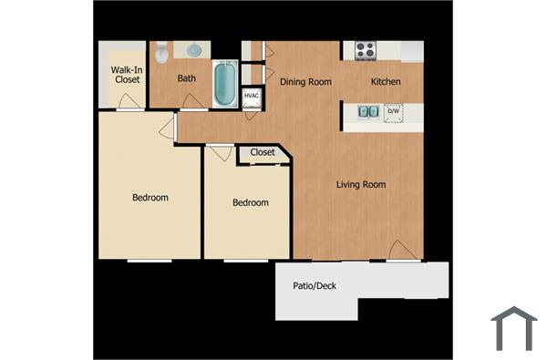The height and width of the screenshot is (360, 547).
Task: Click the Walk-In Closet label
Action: pyautogui.click(x=127, y=74)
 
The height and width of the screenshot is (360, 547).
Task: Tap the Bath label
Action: pyautogui.click(x=186, y=78)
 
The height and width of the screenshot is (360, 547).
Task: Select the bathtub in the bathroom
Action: pyautogui.click(x=225, y=84)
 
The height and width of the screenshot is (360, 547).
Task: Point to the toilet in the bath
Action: pyautogui.click(x=162, y=54)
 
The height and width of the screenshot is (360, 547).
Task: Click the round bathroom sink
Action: pyautogui.click(x=194, y=51)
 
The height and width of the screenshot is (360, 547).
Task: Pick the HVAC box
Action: pyautogui.click(x=252, y=95)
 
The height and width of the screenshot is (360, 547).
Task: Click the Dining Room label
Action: pyautogui.click(x=304, y=81)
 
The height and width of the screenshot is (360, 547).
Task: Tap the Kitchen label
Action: pyautogui.click(x=386, y=81)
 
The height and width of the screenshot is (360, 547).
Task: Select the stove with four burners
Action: pyautogui.click(x=366, y=51)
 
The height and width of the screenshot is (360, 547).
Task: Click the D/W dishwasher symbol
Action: pyautogui.click(x=394, y=112)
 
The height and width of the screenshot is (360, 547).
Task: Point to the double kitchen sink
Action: pyautogui.click(x=367, y=112)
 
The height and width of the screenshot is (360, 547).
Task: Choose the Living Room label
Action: pyautogui.click(x=361, y=185)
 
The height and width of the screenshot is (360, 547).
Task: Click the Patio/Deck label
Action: pyautogui.click(x=315, y=286)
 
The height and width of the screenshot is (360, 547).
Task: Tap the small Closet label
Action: pyautogui.click(x=263, y=152)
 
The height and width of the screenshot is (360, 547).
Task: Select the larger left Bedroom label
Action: pyautogui.click(x=150, y=198)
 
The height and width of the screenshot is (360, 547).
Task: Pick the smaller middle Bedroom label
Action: pyautogui.click(x=250, y=202)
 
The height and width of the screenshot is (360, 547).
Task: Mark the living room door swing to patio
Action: pyautogui.click(x=400, y=251)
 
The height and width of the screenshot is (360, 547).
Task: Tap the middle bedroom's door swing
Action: pyautogui.click(x=220, y=153)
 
